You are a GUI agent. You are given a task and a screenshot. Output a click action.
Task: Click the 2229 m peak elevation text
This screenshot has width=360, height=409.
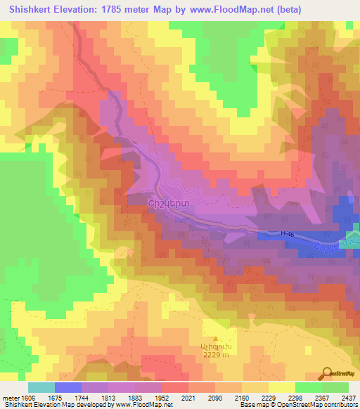pyautogui.click(x=215, y=356)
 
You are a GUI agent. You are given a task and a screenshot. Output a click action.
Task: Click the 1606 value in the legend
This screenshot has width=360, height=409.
pyautogui.click(x=25, y=398)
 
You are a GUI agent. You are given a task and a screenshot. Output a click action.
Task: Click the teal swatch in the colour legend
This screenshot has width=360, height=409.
pyautogui.click(x=41, y=387)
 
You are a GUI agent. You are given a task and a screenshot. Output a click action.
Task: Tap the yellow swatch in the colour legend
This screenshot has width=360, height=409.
pyautogui.click(x=281, y=387)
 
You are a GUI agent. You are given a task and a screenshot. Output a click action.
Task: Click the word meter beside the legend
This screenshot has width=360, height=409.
pyautogui.click(x=10, y=398)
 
